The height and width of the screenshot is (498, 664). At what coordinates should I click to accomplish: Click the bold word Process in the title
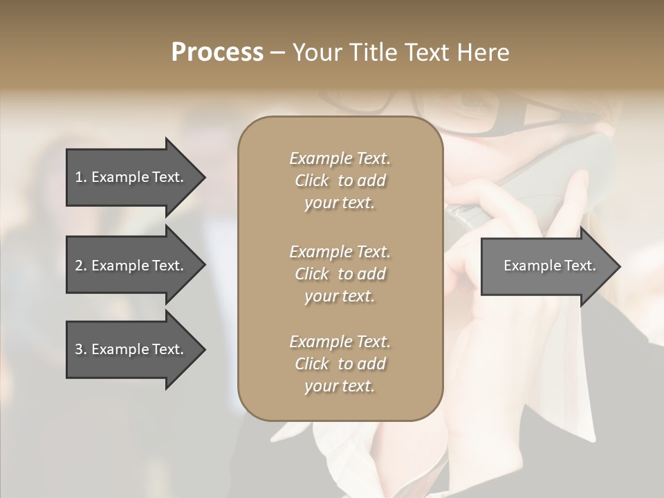point(217,53)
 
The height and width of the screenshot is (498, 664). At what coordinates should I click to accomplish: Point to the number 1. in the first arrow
point(81,177)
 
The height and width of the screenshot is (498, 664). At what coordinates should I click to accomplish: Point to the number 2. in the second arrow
point(81,266)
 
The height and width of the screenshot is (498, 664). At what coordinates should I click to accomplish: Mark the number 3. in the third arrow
point(81,350)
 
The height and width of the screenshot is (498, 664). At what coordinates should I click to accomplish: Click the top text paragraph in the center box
point(340,181)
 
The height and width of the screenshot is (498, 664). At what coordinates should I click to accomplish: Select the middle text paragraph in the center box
point(340,274)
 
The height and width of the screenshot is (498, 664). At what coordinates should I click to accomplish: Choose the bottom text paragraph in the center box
point(340,364)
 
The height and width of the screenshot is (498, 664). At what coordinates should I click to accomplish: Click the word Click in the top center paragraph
point(312,181)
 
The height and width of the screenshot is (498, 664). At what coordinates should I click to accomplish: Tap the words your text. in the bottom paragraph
point(340,387)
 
